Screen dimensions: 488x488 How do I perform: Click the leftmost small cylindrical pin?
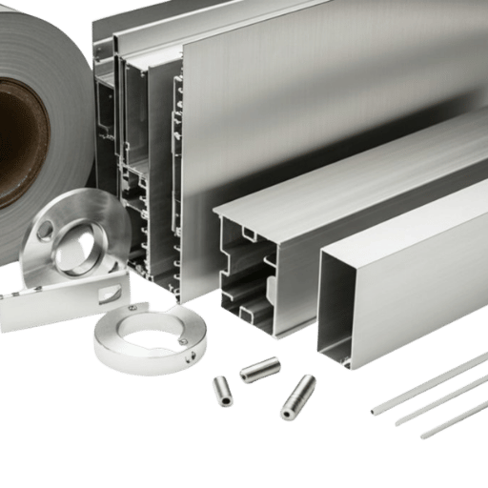222,390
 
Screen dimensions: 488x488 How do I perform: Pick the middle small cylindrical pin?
259,369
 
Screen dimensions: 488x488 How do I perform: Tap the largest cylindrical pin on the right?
298,396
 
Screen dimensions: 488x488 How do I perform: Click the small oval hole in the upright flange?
45,229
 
